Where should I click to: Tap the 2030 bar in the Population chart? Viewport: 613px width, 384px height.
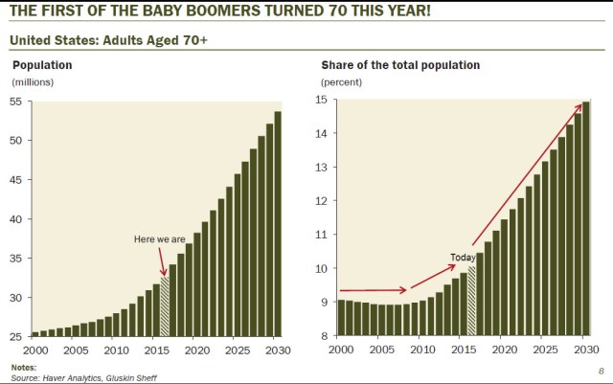pos(278,223)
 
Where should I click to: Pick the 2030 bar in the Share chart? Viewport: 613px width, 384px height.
pos(584,218)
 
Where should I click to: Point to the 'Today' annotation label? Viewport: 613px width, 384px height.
pos(463,258)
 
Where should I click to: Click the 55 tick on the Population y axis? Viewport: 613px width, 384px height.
pos(18,101)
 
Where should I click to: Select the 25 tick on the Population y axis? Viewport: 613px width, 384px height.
pos(18,336)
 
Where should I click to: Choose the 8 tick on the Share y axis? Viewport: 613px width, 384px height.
pos(323,336)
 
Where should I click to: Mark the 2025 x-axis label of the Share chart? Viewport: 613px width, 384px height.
pos(544,350)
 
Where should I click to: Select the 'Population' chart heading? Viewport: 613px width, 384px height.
pos(42,65)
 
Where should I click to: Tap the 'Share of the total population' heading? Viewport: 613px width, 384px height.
pos(400,65)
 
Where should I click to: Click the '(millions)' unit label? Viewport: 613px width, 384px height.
pos(33,82)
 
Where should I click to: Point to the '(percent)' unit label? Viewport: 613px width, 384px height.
pos(342,82)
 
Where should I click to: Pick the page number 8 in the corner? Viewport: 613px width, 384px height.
pos(600,369)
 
